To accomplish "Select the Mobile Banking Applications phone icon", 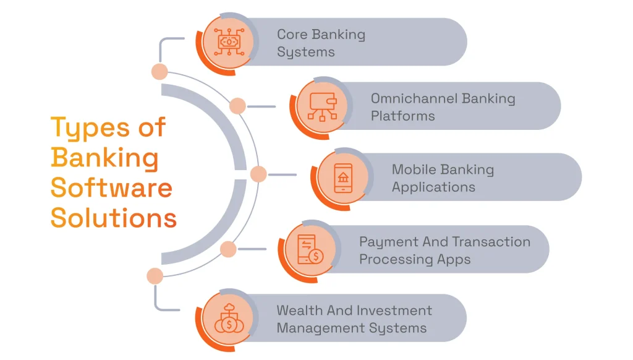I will pos(343,178).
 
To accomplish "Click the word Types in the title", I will pos(85,128).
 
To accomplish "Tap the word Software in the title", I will pos(111,187).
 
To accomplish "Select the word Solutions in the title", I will pos(114,218).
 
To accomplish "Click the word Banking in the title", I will pos(104,158).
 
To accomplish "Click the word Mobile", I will pos(412,169).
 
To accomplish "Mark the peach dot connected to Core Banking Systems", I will pos(159,71).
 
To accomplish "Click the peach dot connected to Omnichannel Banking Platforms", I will pos(237,106).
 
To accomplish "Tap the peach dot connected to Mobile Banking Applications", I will pos(258,174).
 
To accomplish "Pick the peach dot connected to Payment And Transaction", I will pos(228,249).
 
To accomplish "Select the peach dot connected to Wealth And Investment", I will pos(155,276).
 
